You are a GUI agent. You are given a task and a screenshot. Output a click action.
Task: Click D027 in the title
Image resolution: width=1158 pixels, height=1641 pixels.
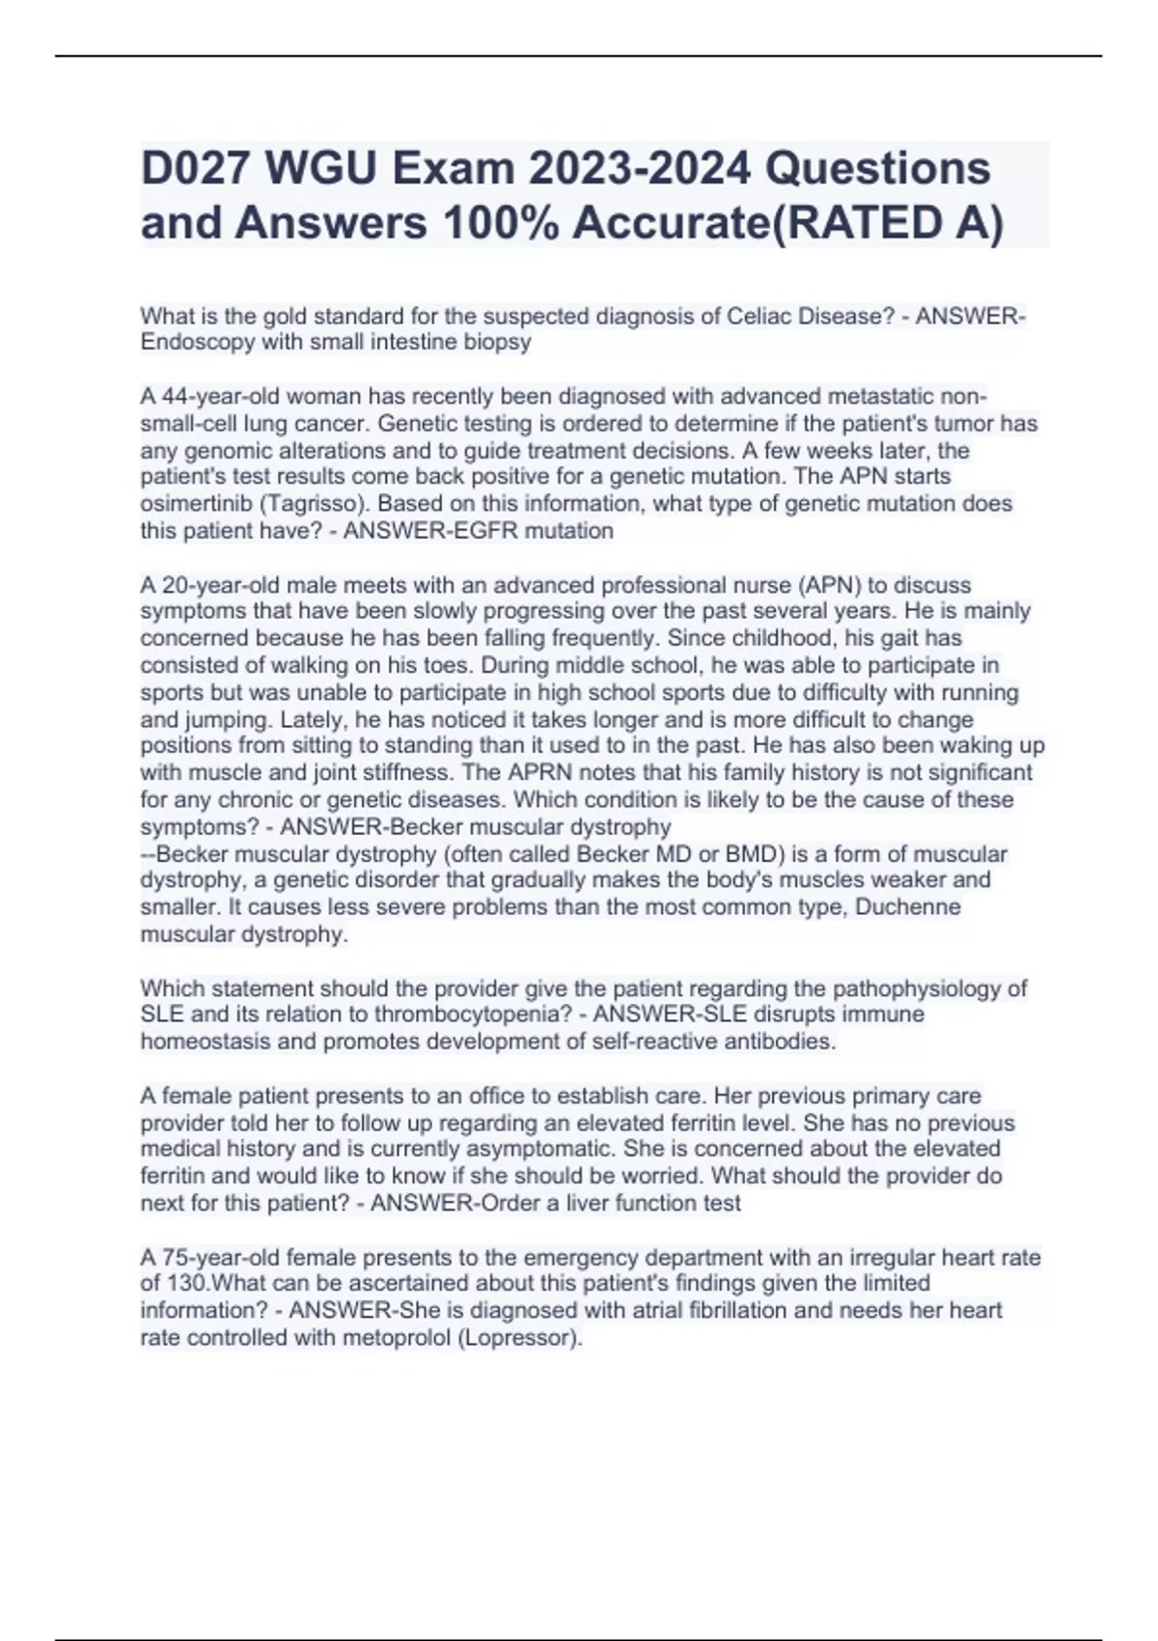coord(195,168)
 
